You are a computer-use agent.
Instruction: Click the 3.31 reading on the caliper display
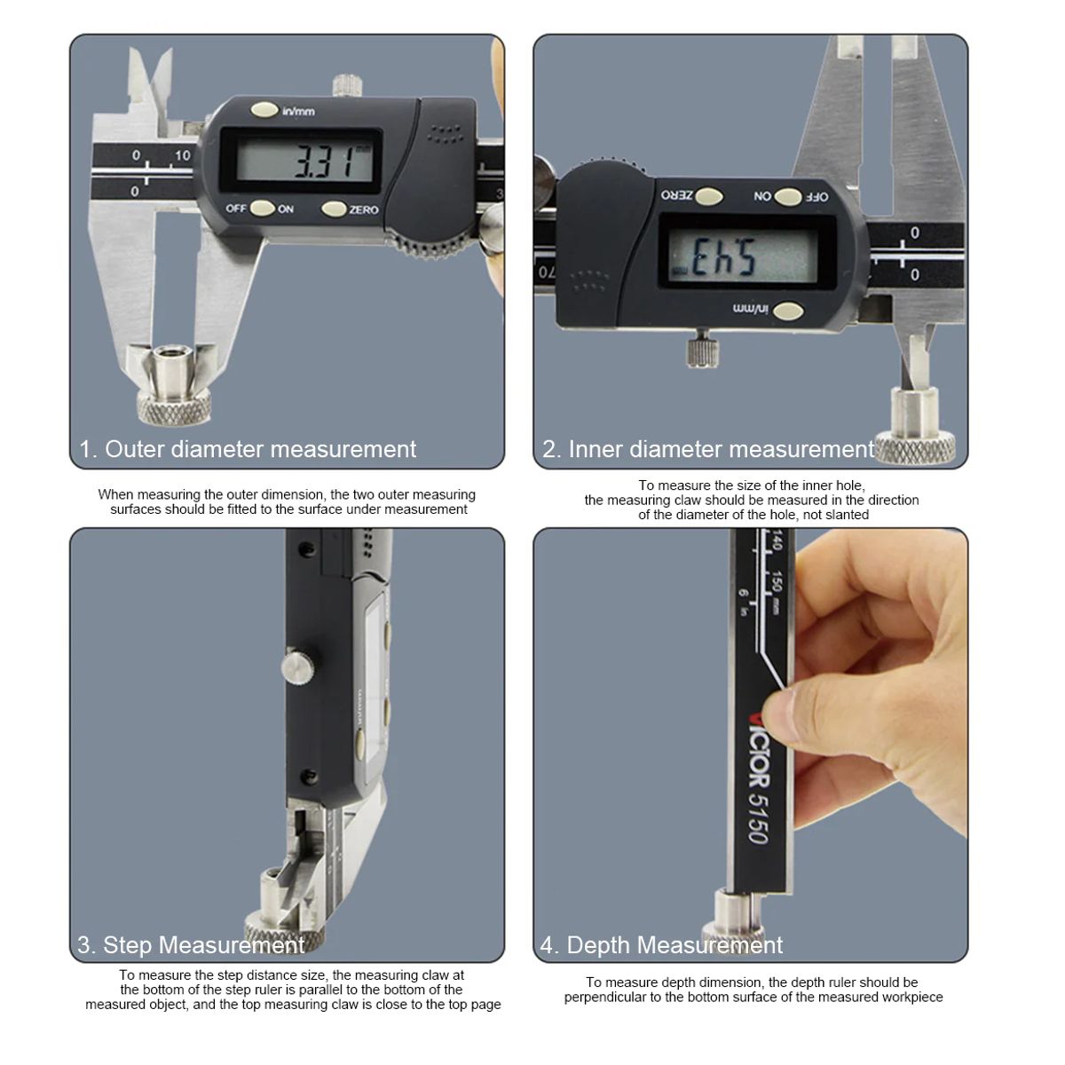[x=320, y=162]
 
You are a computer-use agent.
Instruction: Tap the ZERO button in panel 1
[x=334, y=209]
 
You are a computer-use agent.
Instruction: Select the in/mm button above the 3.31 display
[x=264, y=110]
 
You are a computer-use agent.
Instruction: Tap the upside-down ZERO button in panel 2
[x=707, y=196]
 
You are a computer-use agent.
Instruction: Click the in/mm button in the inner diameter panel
[x=787, y=311]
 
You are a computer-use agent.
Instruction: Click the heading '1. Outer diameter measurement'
[x=248, y=449]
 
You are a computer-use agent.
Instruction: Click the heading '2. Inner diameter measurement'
[x=707, y=449]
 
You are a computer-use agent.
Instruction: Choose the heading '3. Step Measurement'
[x=191, y=944]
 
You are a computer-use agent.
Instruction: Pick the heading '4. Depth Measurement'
[x=661, y=944]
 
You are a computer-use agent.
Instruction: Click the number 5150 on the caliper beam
[x=756, y=816]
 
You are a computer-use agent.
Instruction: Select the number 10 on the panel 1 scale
[x=182, y=155]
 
